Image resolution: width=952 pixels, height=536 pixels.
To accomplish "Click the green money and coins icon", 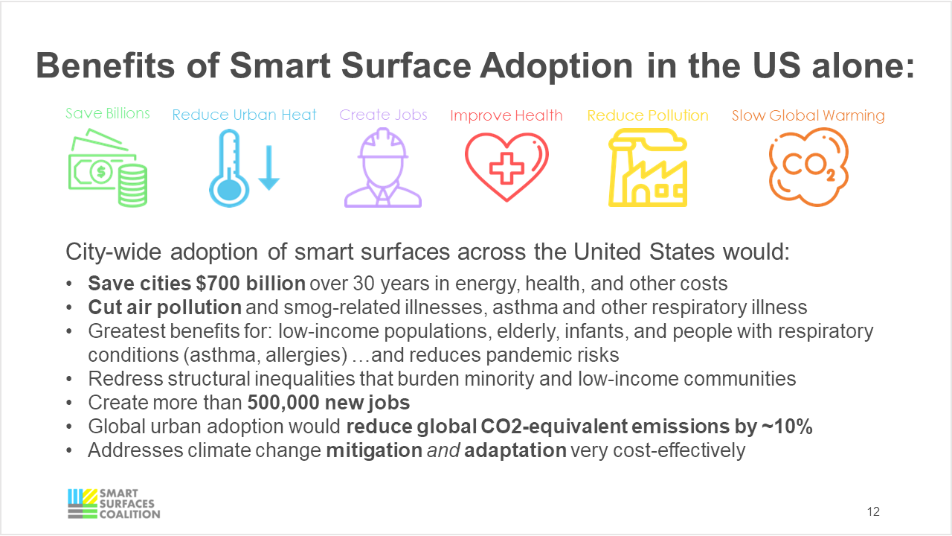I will (x=107, y=168).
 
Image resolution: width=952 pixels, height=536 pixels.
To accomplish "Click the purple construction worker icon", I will (x=383, y=168).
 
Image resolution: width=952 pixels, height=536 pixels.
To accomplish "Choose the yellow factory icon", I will (x=647, y=168).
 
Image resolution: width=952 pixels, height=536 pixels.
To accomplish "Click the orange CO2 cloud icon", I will (x=808, y=167).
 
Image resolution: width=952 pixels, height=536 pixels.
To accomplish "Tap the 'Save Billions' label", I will (x=107, y=113).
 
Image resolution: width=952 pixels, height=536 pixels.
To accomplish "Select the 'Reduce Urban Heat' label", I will (x=244, y=115).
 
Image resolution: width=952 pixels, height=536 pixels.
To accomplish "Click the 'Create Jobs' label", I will (x=383, y=115).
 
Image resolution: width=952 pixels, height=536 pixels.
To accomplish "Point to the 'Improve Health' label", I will (x=506, y=115).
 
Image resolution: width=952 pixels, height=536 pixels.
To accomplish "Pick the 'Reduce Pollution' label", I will (x=647, y=115).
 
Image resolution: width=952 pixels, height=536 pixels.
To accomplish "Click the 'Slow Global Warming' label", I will (x=808, y=115).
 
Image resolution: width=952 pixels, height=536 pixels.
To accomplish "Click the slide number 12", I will (x=873, y=512).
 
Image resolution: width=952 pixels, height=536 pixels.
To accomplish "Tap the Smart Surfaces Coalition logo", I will (x=113, y=503).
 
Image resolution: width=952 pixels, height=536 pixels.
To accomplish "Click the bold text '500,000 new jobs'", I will (x=329, y=403).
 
